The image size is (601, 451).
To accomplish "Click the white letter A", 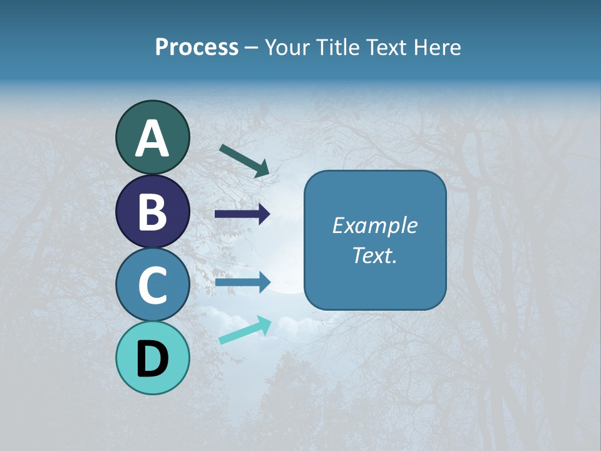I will tap(152, 138).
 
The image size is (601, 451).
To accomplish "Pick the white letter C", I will tap(152, 286).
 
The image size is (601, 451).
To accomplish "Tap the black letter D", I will tap(152, 359).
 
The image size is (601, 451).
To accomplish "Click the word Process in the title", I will tap(197, 47).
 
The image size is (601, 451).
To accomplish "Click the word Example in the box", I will tap(375, 225).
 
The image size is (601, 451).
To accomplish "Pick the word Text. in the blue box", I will tap(375, 255).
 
